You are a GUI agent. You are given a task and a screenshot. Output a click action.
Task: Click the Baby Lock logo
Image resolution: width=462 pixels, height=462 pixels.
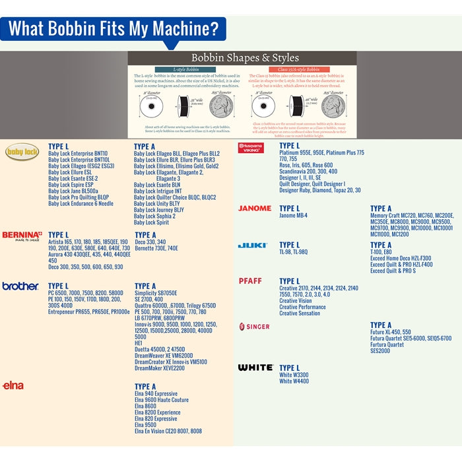point(22,153)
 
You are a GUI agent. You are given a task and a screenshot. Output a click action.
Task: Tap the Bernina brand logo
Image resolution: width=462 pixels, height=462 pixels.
point(22,235)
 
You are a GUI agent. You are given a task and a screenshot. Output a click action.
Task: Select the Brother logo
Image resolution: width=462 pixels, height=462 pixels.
point(20,286)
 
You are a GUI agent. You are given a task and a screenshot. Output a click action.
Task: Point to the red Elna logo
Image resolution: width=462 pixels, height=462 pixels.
point(13,384)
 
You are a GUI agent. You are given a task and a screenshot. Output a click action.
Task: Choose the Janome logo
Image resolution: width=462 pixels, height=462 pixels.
point(255,209)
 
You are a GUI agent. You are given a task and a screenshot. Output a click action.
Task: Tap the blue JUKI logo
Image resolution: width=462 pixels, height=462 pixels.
point(252,246)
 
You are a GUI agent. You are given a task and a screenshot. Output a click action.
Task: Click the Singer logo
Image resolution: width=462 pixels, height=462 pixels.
point(253,327)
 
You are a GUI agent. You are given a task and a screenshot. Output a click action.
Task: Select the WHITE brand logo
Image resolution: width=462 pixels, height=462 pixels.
point(255,368)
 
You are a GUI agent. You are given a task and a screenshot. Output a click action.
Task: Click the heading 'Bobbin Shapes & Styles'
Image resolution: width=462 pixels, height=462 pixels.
point(245,58)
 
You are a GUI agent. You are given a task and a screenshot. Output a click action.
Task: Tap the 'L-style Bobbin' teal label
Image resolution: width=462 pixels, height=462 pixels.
point(179,69)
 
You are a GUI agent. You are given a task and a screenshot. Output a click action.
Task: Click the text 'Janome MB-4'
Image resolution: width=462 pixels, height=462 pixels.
point(293,216)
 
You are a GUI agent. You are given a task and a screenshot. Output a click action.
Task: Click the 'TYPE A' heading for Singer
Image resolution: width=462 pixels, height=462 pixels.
point(381,325)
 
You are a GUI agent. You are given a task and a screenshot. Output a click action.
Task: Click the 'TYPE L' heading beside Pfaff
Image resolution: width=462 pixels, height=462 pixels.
point(290,281)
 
